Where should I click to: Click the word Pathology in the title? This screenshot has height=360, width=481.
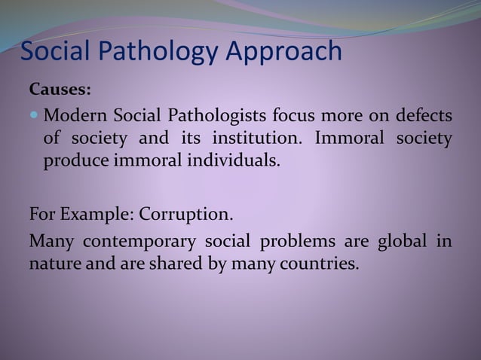click(161, 52)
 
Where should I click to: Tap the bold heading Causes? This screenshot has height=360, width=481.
click(60, 90)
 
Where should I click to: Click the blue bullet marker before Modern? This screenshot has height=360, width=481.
click(35, 117)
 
